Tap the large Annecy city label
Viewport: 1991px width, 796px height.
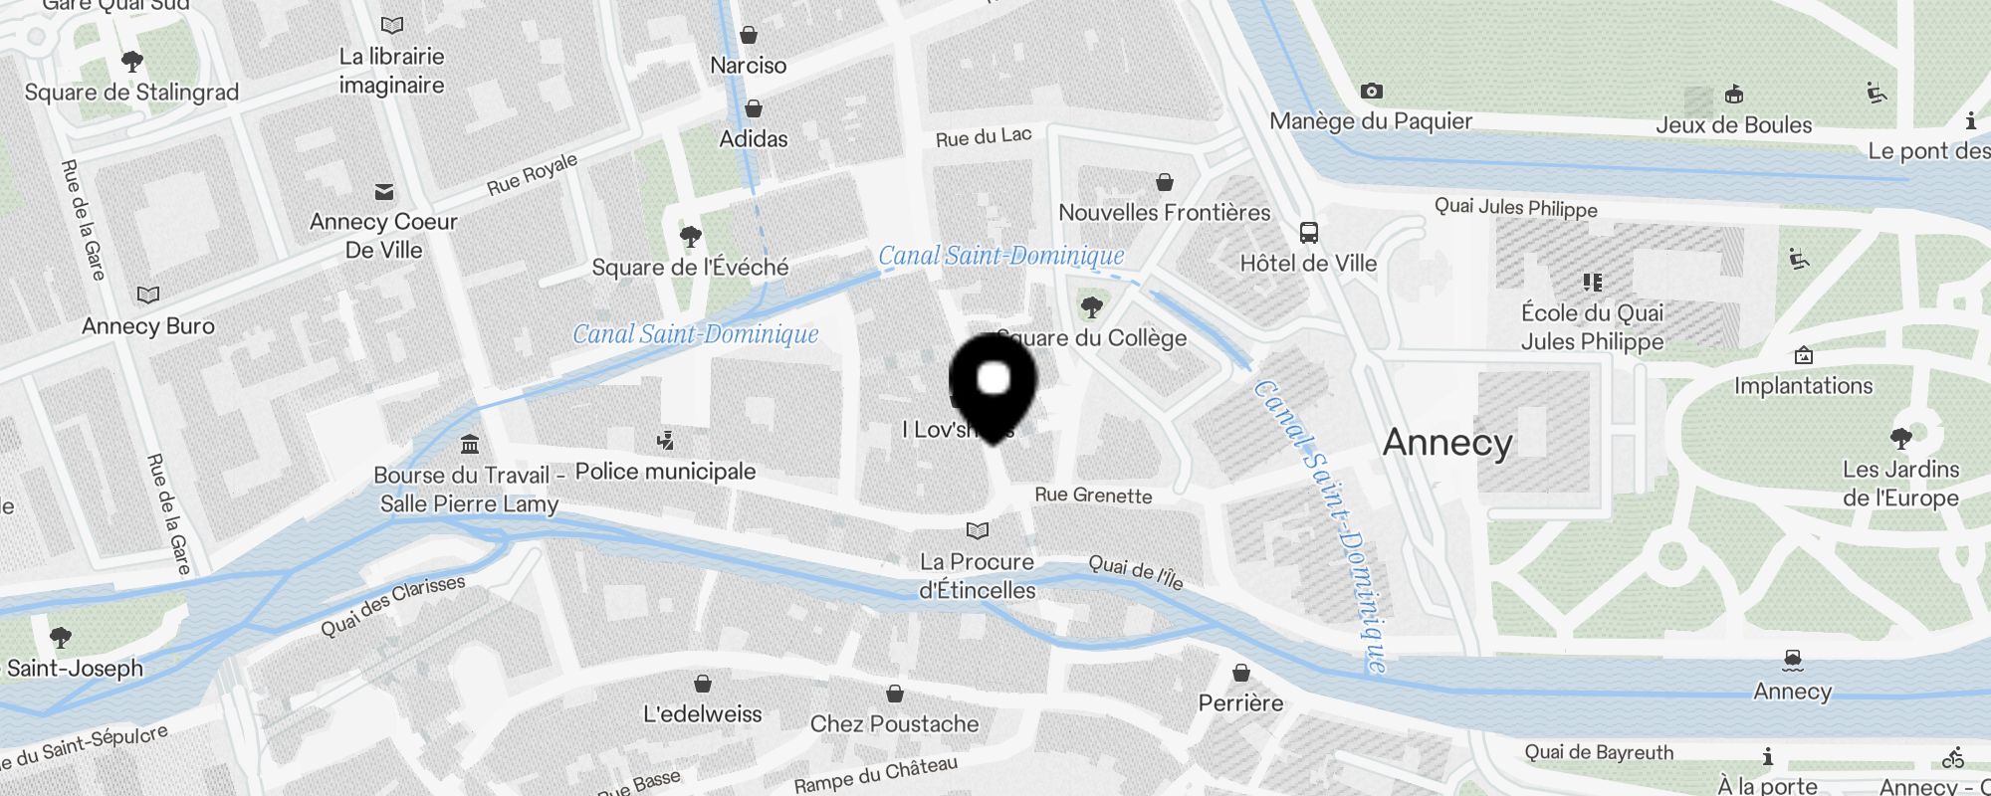pos(1447,443)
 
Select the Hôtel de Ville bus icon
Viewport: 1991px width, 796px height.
pos(1309,233)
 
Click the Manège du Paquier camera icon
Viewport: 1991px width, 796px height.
pos(1371,92)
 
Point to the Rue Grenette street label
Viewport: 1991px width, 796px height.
pos(1093,496)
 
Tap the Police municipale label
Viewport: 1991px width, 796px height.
pos(665,472)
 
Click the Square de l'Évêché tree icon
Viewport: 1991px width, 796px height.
pos(690,237)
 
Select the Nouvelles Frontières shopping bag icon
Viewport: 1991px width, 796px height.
pos(1164,182)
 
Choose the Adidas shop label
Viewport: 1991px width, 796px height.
pos(754,139)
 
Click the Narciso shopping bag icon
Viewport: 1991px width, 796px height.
pos(749,36)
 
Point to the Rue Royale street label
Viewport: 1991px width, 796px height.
pos(532,174)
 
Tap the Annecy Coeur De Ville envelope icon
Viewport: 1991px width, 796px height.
pos(384,192)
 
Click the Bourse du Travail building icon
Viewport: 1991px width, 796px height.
pos(470,444)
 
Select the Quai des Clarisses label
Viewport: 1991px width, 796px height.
pos(392,606)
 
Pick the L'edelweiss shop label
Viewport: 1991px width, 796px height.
pos(702,714)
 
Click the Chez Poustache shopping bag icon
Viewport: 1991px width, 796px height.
pos(895,694)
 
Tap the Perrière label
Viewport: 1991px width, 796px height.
pos(1240,703)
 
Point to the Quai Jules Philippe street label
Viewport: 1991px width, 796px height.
pos(1515,208)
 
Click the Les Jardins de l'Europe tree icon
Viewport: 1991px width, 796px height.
pos(1900,438)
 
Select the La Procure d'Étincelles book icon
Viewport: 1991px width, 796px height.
pos(978,530)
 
